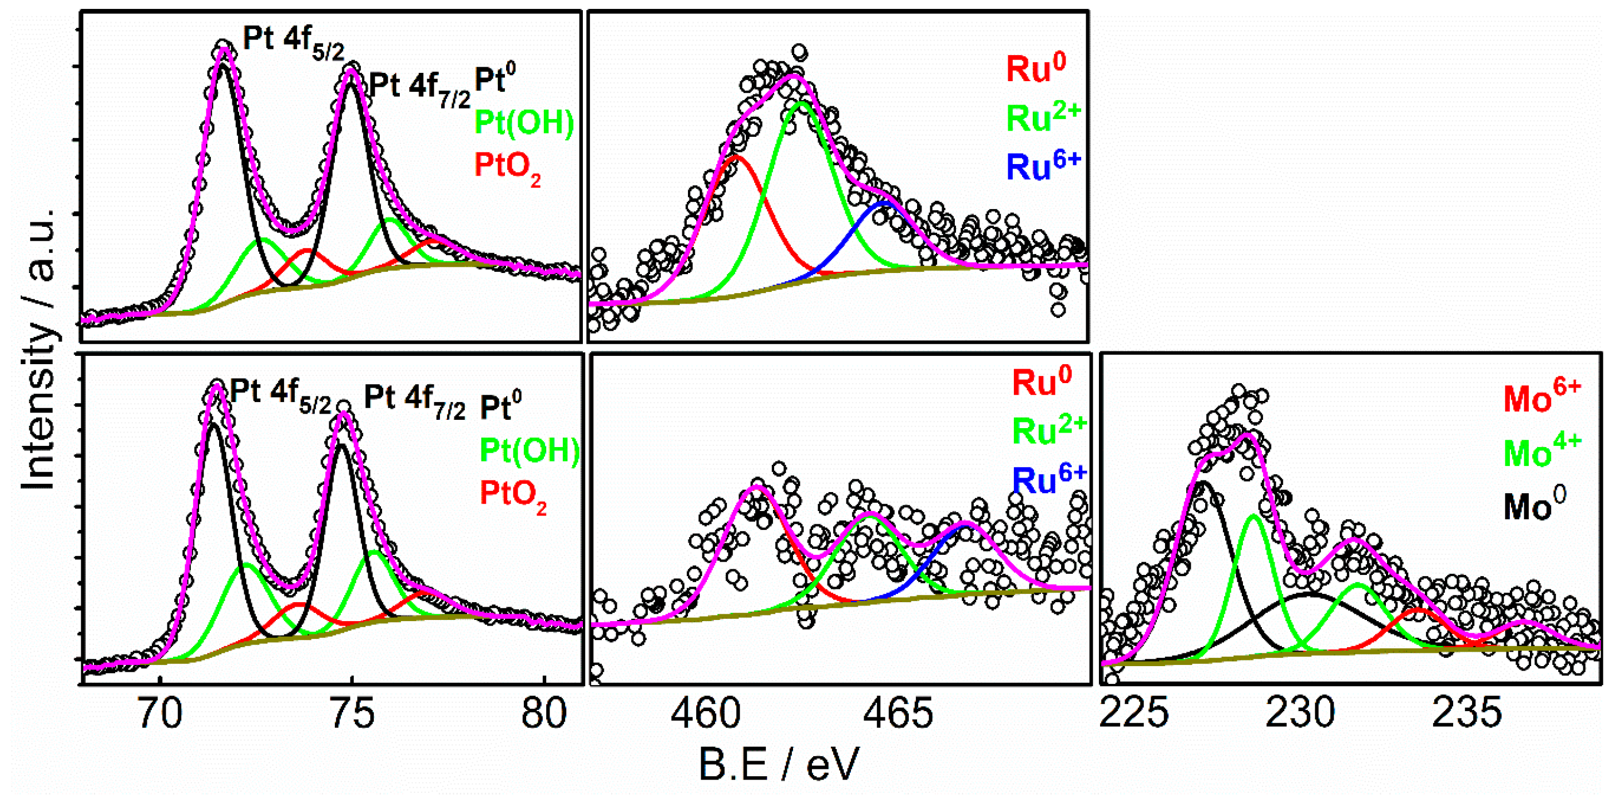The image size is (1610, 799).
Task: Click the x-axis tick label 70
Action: (161, 714)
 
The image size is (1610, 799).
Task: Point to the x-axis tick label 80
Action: (544, 714)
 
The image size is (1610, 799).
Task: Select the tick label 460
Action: (706, 714)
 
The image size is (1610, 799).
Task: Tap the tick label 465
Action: (898, 714)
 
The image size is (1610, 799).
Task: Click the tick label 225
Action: (1133, 714)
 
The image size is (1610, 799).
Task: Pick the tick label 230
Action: (1300, 714)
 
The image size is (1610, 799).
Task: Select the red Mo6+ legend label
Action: (1541, 398)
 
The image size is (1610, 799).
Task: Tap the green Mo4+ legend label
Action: (1541, 451)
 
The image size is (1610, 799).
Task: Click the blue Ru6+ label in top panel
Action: (1043, 166)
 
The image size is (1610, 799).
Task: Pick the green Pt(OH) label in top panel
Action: (524, 122)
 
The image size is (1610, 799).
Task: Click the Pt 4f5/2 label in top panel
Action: (293, 42)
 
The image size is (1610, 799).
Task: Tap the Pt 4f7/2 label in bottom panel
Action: (414, 400)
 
